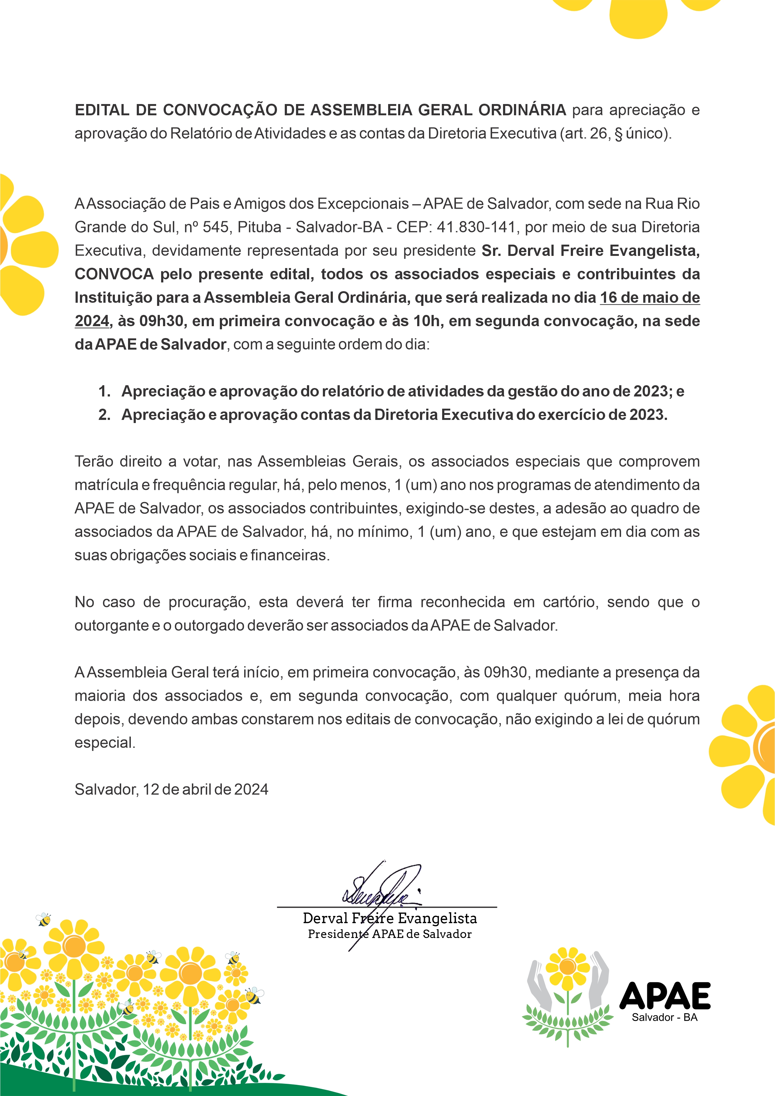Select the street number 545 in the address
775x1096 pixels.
216,227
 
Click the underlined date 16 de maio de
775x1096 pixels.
649,298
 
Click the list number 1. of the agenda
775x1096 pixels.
104,392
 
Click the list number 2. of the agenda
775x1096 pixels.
104,415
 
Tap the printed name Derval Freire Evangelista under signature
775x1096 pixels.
389,919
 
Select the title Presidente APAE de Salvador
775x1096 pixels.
389,934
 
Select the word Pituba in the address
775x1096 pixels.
259,227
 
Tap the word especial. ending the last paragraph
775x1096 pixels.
105,743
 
